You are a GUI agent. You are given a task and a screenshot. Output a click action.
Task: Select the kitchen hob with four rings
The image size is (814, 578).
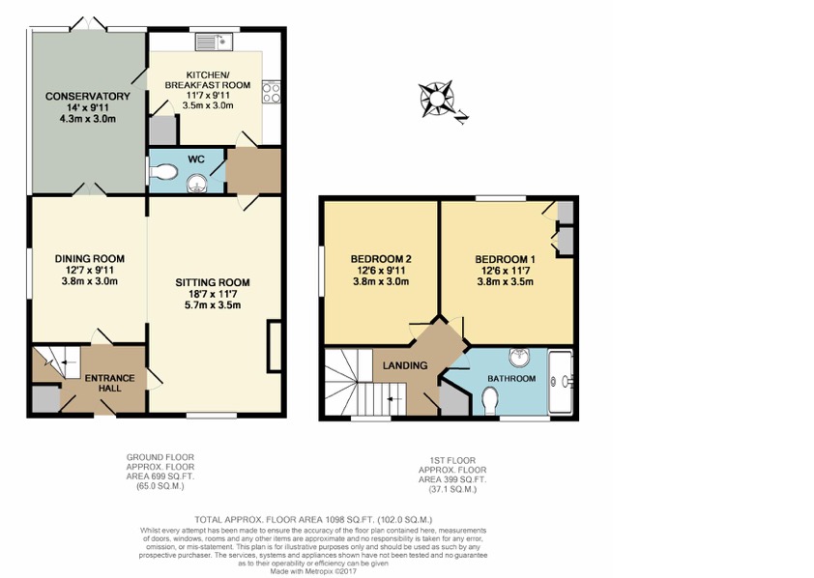(272, 94)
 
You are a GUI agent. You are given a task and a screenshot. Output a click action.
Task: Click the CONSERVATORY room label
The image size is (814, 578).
(87, 97)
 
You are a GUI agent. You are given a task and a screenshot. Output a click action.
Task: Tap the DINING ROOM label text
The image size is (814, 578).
(89, 258)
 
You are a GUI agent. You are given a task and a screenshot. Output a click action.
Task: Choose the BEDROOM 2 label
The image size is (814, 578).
(381, 259)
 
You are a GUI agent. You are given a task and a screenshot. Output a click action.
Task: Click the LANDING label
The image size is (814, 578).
(405, 365)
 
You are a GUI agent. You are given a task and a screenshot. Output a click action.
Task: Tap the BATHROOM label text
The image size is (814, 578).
(510, 378)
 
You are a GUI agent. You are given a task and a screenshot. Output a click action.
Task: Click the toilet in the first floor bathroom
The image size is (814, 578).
(489, 397)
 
